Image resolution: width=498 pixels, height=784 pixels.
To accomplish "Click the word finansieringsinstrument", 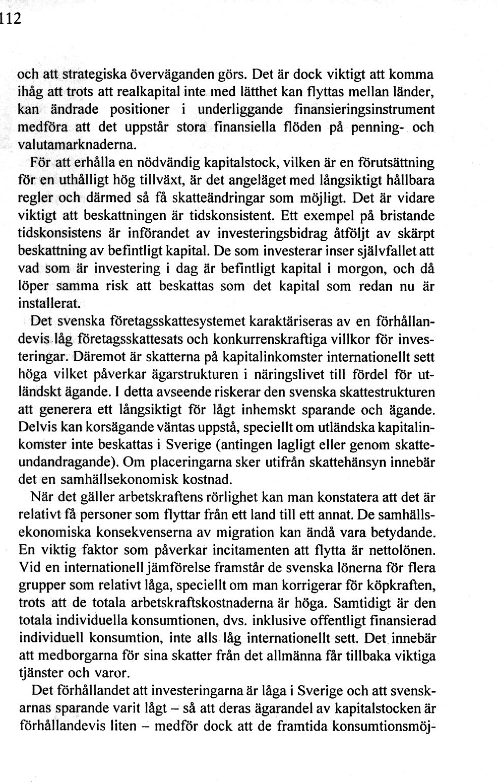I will [x=364, y=109].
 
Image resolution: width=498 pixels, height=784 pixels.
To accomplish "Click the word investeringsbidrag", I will [x=272, y=233].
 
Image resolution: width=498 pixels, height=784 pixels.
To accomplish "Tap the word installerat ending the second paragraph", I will [x=49, y=304].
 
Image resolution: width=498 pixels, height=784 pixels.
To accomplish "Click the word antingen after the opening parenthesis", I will [x=241, y=445].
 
